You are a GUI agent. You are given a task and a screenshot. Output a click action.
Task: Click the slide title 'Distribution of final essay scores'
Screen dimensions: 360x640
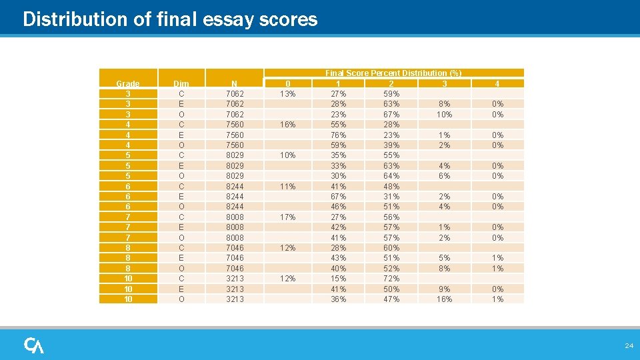pyautogui.click(x=170, y=19)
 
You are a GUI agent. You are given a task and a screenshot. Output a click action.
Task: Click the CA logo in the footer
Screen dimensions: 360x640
pyautogui.click(x=34, y=345)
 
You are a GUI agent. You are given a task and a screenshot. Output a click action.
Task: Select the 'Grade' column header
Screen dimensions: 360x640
pyautogui.click(x=128, y=83)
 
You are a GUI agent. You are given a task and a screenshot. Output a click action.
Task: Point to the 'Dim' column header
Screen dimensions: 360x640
pyautogui.click(x=181, y=83)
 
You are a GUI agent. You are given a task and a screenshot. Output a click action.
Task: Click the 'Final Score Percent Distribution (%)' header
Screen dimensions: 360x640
pyautogui.click(x=393, y=73)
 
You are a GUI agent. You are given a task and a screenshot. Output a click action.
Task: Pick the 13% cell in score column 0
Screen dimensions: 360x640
pyautogui.click(x=287, y=94)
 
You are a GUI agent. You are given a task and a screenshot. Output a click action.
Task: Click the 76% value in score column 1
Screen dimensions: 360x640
pyautogui.click(x=339, y=135)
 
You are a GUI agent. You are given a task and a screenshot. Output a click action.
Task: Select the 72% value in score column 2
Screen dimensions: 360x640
pyautogui.click(x=391, y=278)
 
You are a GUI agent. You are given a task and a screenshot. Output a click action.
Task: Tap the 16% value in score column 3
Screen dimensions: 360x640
pyautogui.click(x=444, y=299)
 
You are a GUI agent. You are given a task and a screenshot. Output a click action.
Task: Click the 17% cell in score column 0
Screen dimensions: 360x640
pyautogui.click(x=287, y=217)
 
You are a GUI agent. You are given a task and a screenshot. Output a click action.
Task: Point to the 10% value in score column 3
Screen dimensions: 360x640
pyautogui.click(x=444, y=115)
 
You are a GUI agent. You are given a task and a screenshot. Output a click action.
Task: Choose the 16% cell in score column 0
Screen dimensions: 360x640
pyautogui.click(x=287, y=125)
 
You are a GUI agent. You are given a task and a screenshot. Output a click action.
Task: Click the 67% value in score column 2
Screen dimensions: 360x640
pyautogui.click(x=391, y=115)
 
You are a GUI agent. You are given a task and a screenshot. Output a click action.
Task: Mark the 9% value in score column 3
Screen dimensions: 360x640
pyautogui.click(x=444, y=289)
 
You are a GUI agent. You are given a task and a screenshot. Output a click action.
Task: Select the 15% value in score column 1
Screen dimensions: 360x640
pyautogui.click(x=339, y=278)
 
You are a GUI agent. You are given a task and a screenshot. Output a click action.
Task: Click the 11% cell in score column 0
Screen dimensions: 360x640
pyautogui.click(x=287, y=186)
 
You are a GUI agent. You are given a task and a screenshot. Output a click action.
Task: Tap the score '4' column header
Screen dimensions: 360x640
pyautogui.click(x=497, y=83)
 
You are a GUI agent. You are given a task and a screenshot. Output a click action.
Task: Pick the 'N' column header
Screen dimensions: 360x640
pyautogui.click(x=234, y=83)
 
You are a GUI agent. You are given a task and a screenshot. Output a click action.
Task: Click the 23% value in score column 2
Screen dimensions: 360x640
pyautogui.click(x=391, y=135)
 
